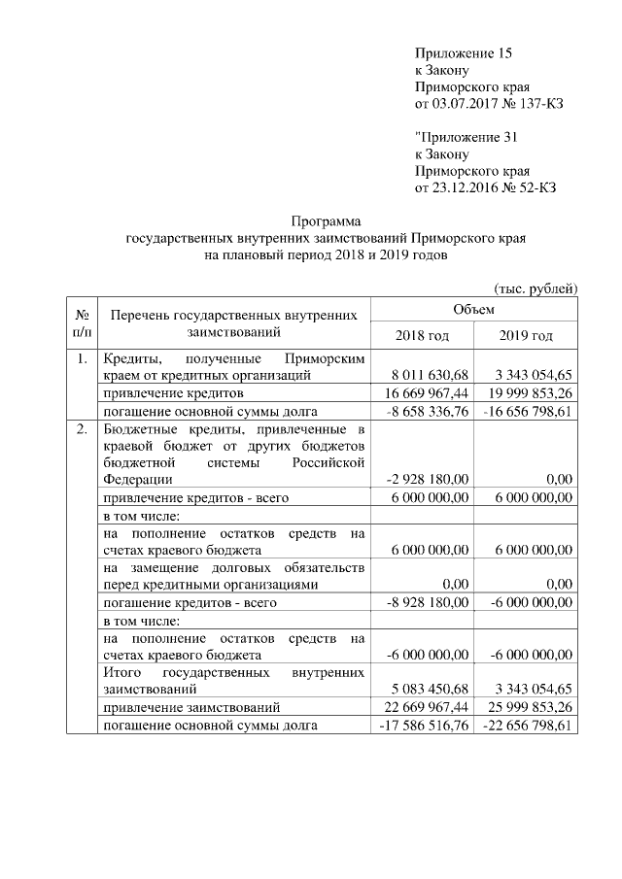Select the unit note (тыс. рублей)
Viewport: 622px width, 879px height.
click(x=536, y=287)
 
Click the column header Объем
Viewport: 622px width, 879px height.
click(x=473, y=309)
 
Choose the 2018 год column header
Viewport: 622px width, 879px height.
click(x=422, y=335)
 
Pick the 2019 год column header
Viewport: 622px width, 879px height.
click(x=526, y=335)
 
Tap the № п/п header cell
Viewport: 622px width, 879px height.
click(x=83, y=322)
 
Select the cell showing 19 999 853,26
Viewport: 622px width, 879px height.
click(x=527, y=393)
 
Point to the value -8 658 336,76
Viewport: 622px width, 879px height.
click(x=428, y=412)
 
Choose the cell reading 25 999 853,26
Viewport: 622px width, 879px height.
click(x=527, y=707)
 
